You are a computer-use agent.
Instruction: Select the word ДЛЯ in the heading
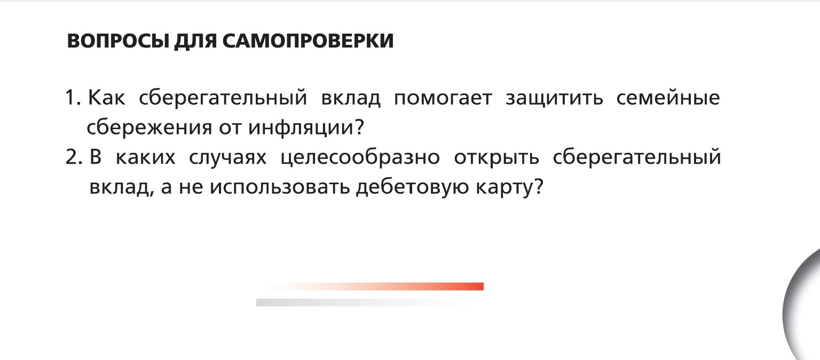coord(194,41)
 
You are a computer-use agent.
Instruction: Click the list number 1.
coord(72,98)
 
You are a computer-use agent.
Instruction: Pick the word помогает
coord(443,99)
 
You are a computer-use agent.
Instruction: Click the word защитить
coord(554,99)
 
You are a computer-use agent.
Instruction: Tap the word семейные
coord(668,99)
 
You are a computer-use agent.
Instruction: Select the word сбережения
coord(149,128)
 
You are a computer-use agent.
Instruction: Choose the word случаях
coord(228,158)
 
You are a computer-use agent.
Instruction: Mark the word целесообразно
coord(360,158)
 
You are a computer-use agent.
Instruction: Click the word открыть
coord(496,158)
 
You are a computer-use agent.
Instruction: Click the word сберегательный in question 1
coord(223,99)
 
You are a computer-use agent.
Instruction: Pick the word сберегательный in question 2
coord(637,158)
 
